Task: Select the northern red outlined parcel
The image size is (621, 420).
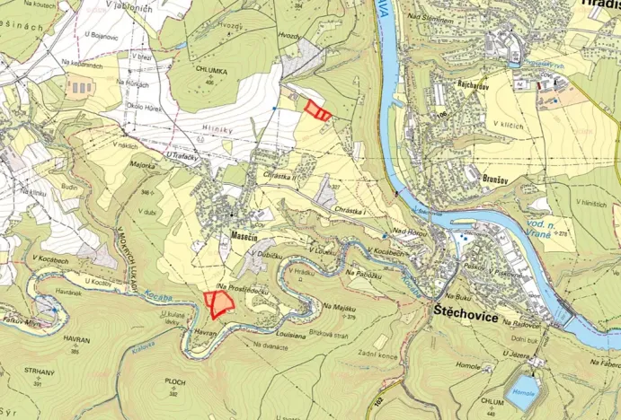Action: [x=316, y=110]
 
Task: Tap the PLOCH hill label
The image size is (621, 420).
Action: [x=174, y=381]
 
